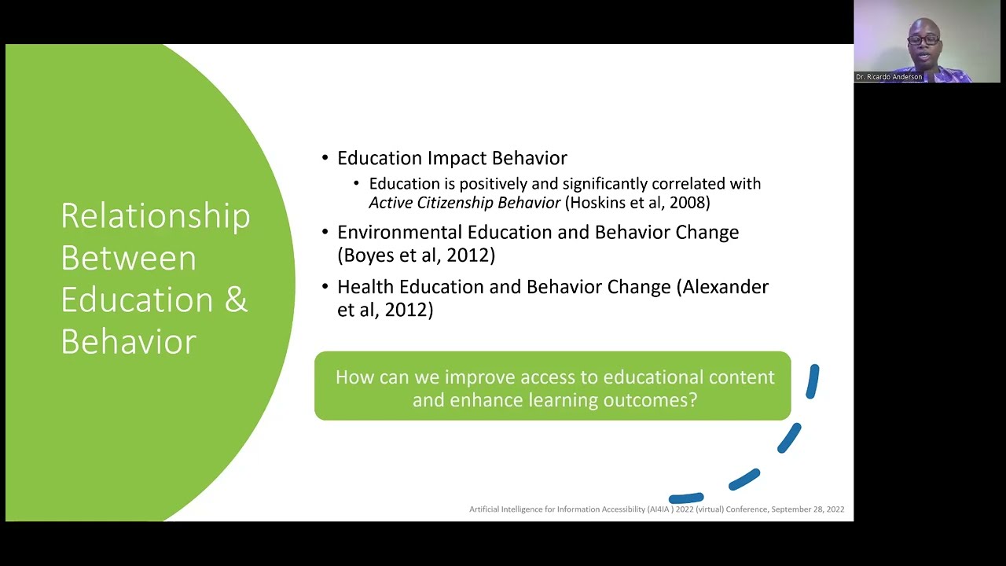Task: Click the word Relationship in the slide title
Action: [x=155, y=216]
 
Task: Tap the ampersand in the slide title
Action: [x=236, y=300]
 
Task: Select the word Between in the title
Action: [x=128, y=259]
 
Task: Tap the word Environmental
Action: [x=400, y=233]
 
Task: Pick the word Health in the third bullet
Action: [x=365, y=287]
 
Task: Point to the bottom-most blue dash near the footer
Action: [x=686, y=498]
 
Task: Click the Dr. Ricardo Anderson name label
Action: [x=889, y=77]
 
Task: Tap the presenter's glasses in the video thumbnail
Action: [x=923, y=39]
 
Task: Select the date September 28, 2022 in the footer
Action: [x=807, y=509]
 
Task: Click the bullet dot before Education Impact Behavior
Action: [x=325, y=158]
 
